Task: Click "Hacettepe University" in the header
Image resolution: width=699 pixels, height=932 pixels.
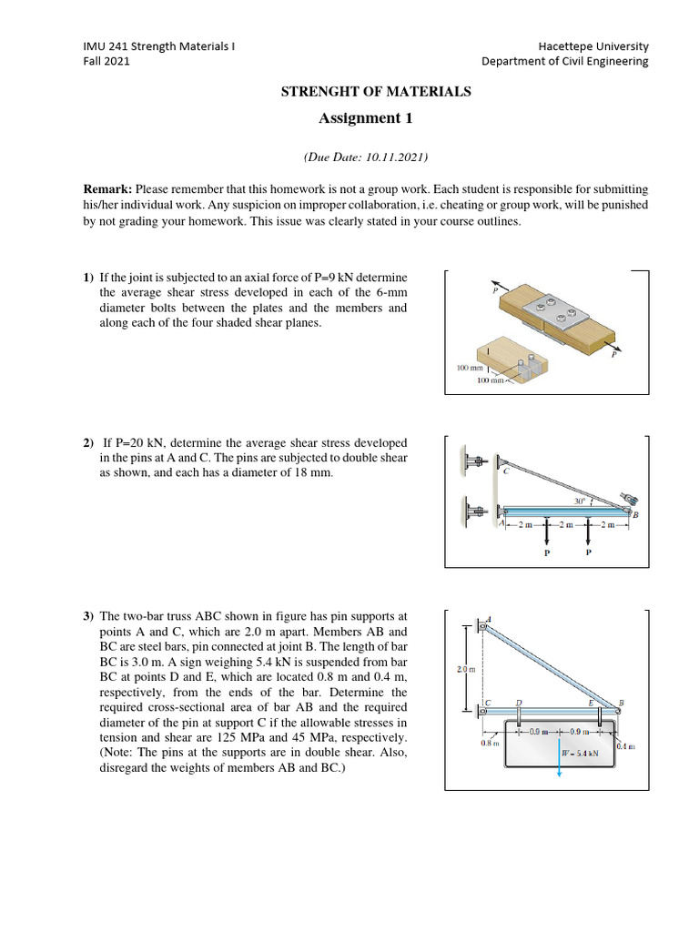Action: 594,46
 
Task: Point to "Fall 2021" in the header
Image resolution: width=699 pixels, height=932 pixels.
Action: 106,62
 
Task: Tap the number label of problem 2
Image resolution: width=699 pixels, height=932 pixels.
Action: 87,442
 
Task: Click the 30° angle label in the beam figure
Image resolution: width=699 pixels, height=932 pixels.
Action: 579,501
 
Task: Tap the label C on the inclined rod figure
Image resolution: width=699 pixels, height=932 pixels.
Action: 505,471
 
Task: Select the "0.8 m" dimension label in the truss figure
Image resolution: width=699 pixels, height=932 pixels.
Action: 489,743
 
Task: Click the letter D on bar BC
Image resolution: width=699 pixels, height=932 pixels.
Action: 519,702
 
